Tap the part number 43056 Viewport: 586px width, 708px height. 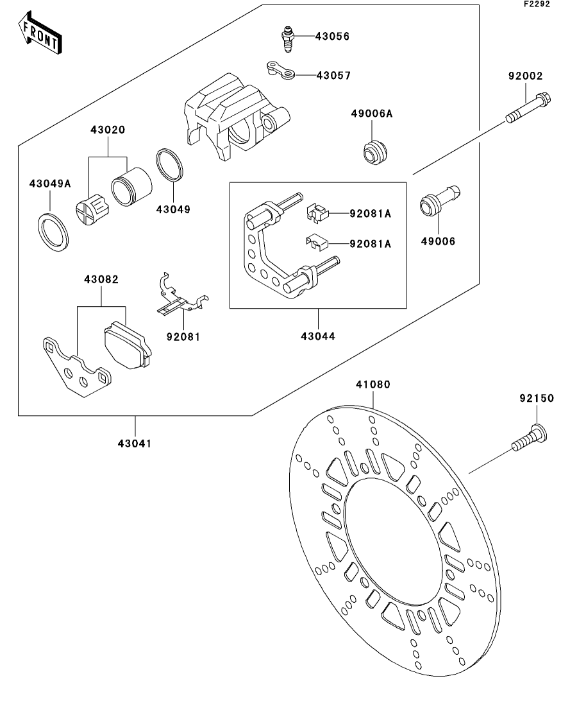pos(332,37)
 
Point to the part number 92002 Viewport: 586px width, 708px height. pos(525,76)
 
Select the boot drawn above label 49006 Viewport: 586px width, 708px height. pos(439,198)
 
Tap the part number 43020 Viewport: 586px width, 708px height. pos(108,130)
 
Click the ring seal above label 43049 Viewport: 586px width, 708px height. pos(171,166)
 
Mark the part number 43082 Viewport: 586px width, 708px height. pos(101,280)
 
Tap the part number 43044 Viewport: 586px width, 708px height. pos(319,336)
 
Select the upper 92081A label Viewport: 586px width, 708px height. pos(370,214)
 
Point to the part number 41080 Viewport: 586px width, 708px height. pos(373,384)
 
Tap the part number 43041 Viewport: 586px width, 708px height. pos(135,442)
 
